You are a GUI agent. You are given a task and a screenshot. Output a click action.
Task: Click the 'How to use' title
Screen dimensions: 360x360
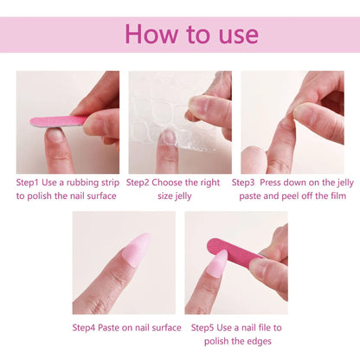pyautogui.click(x=191, y=34)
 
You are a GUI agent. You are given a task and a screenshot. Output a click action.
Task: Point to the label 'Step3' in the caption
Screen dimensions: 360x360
pyautogui.click(x=247, y=183)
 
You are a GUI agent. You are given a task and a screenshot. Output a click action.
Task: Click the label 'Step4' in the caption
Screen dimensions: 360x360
pyautogui.click(x=87, y=328)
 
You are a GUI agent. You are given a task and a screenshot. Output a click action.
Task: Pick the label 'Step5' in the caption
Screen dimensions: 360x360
pyautogui.click(x=206, y=328)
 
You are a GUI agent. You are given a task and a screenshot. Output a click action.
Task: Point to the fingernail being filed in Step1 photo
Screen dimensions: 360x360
pyautogui.click(x=55, y=135)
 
